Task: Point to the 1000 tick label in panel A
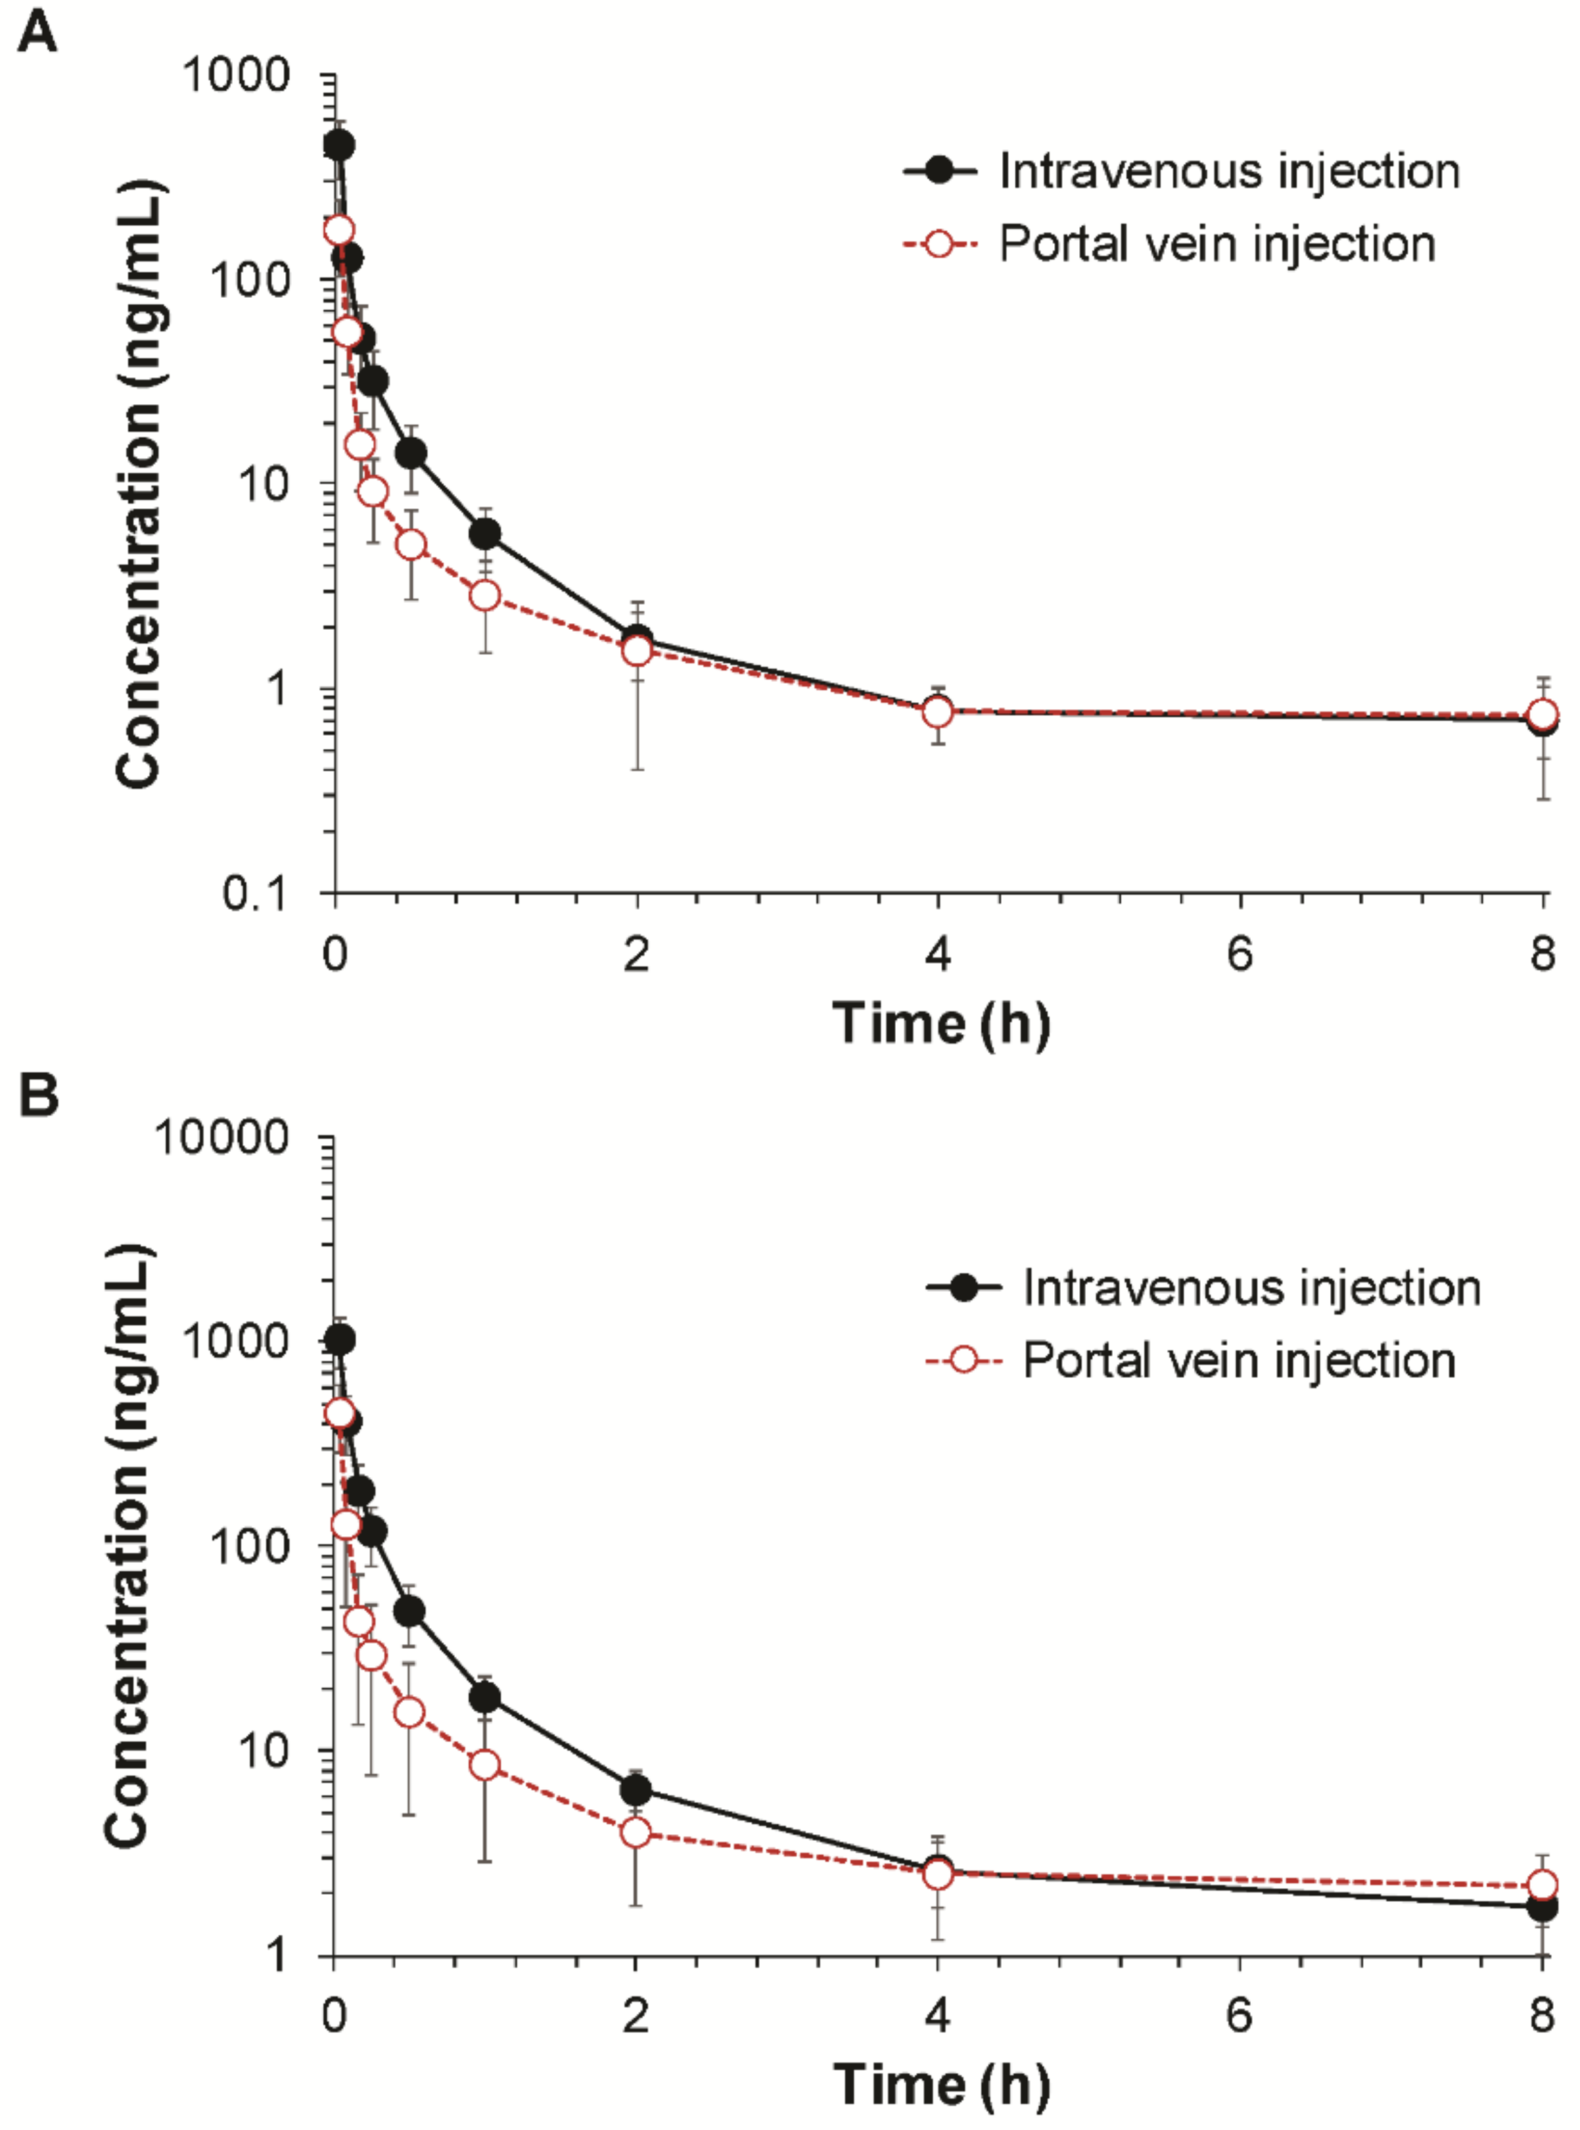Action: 235,74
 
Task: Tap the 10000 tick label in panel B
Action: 221,1137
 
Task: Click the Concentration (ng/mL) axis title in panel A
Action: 139,484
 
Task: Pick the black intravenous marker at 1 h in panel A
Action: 485,534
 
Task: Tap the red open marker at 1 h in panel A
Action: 485,596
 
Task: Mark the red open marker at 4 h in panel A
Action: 939,711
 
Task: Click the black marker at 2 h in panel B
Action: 635,1789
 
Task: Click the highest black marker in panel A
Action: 338,145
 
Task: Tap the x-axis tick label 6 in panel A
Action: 1240,954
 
